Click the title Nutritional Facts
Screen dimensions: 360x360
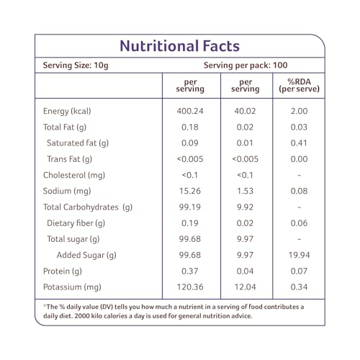tap(180, 46)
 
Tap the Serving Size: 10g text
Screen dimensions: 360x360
tap(76, 66)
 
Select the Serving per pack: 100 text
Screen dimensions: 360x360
tap(246, 66)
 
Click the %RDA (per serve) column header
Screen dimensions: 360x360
tap(299, 86)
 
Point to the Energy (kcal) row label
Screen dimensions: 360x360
tap(67, 112)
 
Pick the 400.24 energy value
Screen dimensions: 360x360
tap(190, 111)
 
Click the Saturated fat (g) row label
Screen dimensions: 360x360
tap(78, 143)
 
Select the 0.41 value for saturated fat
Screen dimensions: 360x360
tap(299, 143)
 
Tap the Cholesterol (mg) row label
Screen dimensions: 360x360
tap(74, 175)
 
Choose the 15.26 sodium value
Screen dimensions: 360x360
tap(190, 191)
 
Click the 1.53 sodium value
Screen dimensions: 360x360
tap(245, 191)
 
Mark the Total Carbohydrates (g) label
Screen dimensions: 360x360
tap(88, 207)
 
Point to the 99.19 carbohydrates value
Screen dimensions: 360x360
tap(190, 207)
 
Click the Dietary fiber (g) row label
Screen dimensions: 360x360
tap(76, 223)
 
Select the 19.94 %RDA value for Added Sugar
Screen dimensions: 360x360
tap(299, 255)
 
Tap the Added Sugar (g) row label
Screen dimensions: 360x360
tap(86, 256)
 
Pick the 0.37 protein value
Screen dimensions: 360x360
tap(190, 271)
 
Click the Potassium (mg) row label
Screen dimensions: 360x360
tap(72, 287)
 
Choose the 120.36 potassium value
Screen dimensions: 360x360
tap(190, 287)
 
